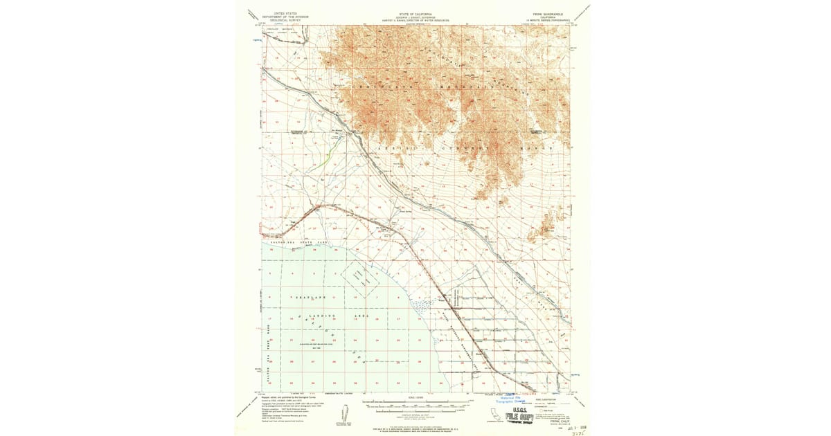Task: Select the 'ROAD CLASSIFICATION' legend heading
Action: [x=547, y=399]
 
